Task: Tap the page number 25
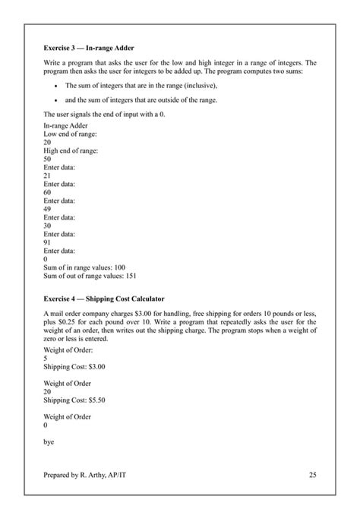click(x=313, y=475)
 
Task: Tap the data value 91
click(x=47, y=242)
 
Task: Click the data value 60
click(x=47, y=191)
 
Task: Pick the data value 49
click(x=47, y=208)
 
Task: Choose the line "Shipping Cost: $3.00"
click(x=74, y=365)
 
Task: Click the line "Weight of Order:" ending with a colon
click(x=69, y=349)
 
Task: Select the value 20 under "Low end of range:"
click(x=47, y=141)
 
